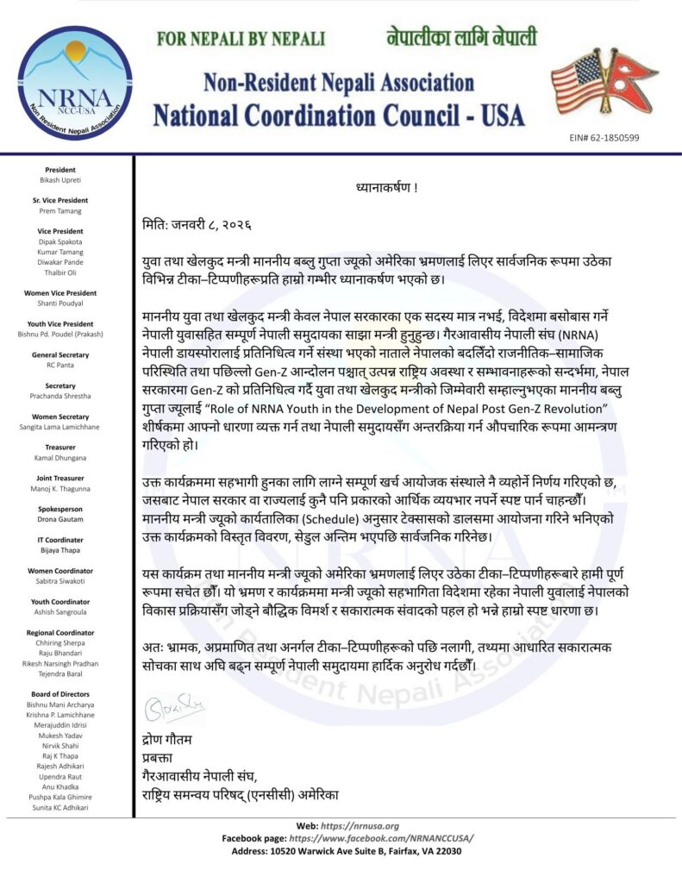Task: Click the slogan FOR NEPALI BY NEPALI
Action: click(241, 40)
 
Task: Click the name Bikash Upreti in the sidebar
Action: click(60, 181)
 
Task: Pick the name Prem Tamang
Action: click(60, 210)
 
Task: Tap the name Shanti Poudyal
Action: click(60, 304)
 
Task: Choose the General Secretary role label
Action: click(60, 355)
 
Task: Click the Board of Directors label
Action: click(60, 694)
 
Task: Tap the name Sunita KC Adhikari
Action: click(60, 808)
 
